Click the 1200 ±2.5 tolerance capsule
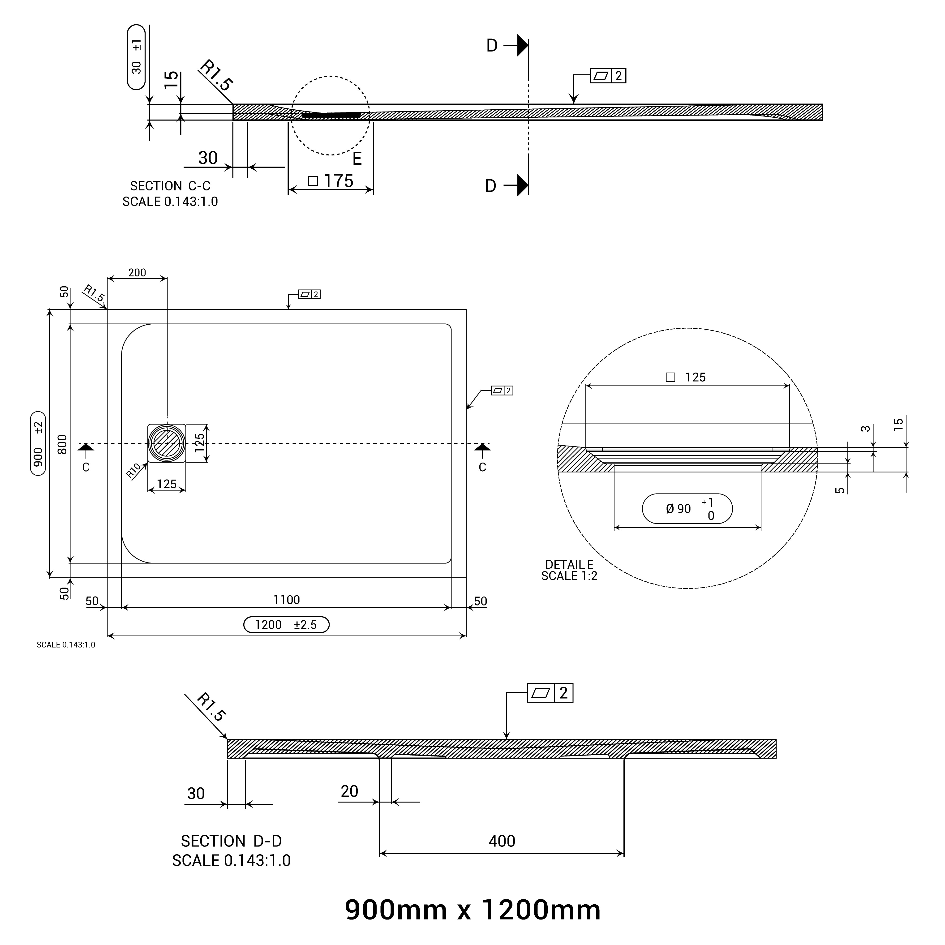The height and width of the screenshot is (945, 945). click(x=286, y=625)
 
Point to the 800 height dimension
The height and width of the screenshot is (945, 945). click(x=62, y=444)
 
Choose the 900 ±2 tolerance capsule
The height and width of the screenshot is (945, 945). click(x=38, y=444)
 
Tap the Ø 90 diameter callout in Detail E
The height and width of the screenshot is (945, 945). click(x=687, y=509)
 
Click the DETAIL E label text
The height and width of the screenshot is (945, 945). click(x=569, y=564)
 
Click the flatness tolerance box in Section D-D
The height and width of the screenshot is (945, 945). click(x=550, y=693)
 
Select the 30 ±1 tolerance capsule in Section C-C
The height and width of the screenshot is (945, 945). click(x=137, y=57)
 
